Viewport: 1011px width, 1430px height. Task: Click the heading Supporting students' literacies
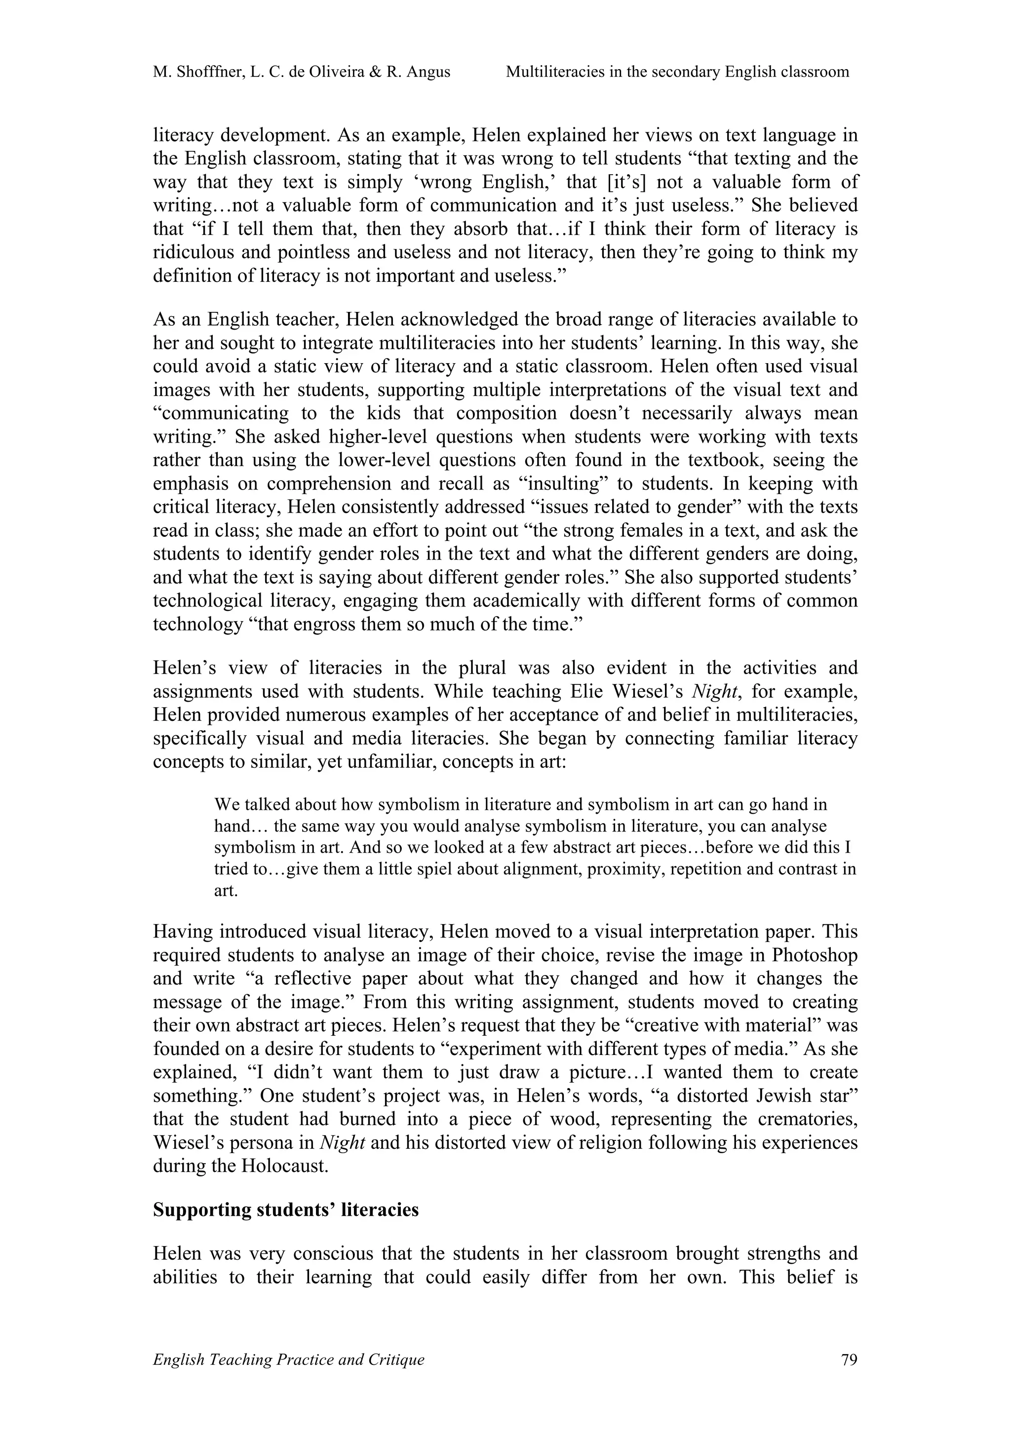tap(286, 1209)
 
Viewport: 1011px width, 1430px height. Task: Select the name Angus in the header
tap(428, 72)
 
